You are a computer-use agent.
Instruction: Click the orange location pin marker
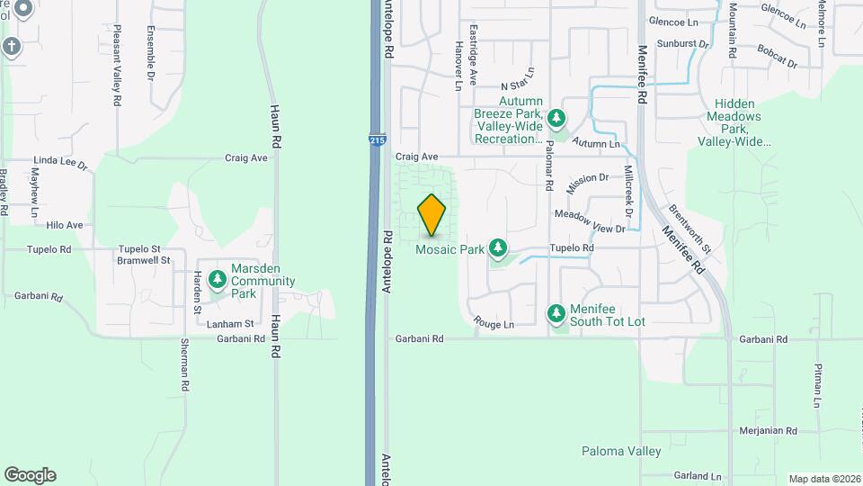(431, 214)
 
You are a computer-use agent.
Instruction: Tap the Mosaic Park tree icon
(497, 247)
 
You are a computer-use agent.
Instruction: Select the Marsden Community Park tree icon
(218, 280)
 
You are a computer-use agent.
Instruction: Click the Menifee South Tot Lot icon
(556, 312)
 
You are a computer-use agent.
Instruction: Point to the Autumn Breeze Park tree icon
(556, 117)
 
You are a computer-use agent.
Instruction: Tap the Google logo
(30, 475)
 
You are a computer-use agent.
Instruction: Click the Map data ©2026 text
(823, 479)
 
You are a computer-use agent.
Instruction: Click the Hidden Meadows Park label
(734, 123)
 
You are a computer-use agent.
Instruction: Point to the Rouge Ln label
(494, 324)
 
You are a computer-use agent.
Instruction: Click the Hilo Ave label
(65, 225)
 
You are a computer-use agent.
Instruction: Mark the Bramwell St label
(144, 260)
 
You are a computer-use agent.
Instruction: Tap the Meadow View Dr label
(589, 216)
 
